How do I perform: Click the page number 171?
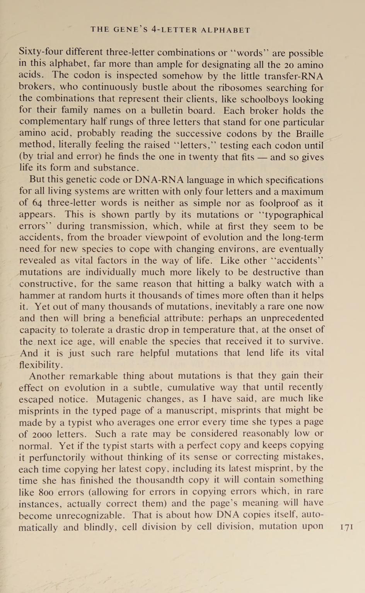[x=347, y=527]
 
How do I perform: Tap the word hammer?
[x=36, y=295]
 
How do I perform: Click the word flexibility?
[x=40, y=365]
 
